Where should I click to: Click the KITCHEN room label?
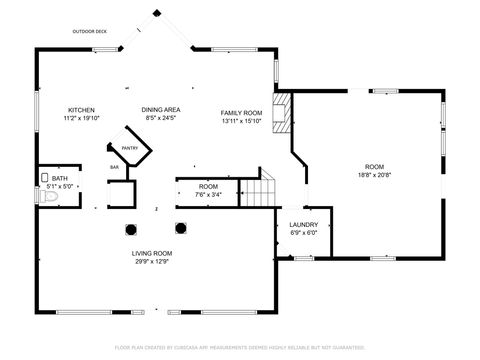(x=81, y=109)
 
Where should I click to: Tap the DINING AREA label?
(x=160, y=109)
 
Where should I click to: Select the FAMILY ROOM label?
(x=241, y=113)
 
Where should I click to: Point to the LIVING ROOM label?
(x=152, y=253)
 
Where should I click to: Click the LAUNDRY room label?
(x=303, y=225)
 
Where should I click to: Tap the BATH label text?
(x=60, y=178)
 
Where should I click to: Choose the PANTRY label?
(x=116, y=147)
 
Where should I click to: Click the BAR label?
(x=114, y=167)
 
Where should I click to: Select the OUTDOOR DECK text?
(x=89, y=32)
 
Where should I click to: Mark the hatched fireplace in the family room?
(x=283, y=113)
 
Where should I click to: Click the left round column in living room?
(x=131, y=228)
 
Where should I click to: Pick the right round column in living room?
(x=181, y=228)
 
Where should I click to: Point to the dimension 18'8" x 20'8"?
(x=374, y=174)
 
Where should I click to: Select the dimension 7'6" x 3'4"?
(x=208, y=195)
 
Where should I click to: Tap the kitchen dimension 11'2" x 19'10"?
(x=81, y=118)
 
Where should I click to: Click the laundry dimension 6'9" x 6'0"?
(x=303, y=234)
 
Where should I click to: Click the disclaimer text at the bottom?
(x=240, y=347)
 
